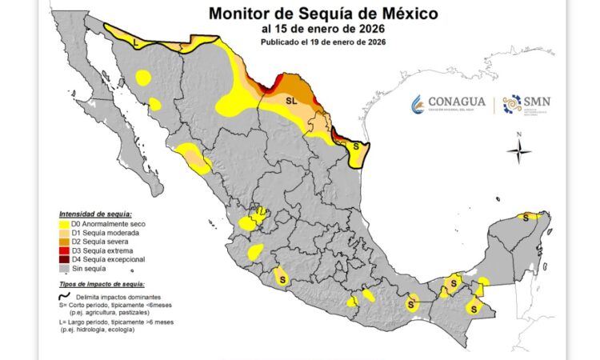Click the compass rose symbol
click(519, 150)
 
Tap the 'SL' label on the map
click(293, 101)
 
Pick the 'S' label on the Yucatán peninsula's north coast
click(526, 216)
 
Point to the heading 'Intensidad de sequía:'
click(92, 215)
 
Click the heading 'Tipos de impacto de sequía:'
click(102, 284)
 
